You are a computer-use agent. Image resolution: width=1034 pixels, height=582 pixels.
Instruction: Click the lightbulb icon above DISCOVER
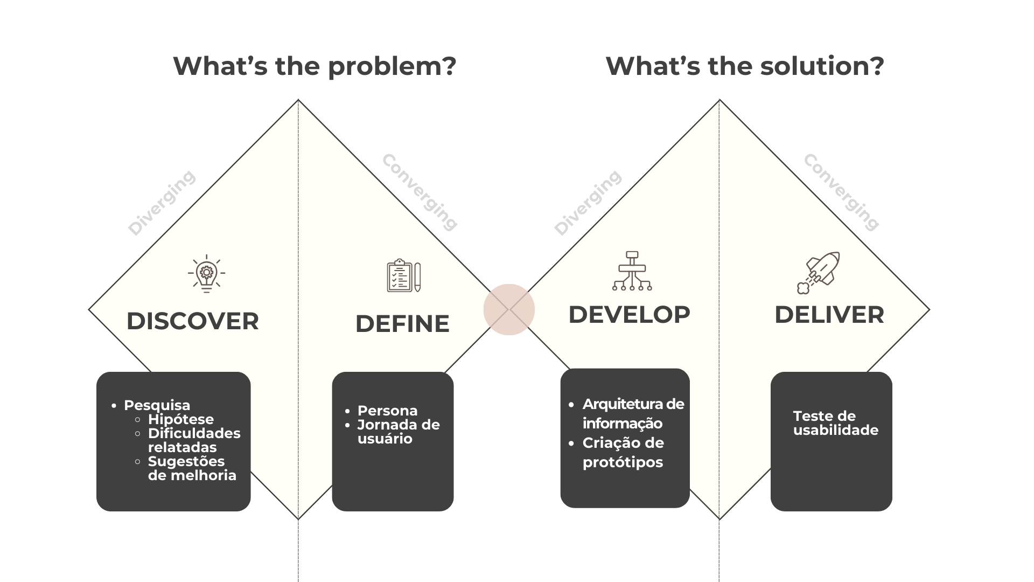pos(206,274)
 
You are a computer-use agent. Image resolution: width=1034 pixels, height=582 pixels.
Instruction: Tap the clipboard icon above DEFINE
pos(403,275)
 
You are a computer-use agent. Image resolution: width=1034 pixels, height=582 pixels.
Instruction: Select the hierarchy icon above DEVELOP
pos(632,271)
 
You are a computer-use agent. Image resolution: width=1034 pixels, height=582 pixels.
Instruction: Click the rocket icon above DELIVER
pos(819,272)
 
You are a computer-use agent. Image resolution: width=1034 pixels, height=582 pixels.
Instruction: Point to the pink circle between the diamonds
pos(508,309)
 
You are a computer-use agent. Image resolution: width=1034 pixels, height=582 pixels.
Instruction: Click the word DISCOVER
pos(192,321)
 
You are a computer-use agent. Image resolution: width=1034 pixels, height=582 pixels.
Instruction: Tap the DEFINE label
pos(402,324)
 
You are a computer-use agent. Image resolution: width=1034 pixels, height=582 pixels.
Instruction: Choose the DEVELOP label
pos(629,315)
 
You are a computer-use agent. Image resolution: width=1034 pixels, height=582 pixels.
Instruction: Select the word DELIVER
pos(829,315)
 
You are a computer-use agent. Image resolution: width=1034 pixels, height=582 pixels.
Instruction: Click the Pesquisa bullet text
pos(157,405)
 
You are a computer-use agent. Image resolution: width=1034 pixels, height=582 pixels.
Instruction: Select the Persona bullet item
pos(387,411)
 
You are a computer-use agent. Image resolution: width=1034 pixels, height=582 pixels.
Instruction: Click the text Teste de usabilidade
pos(835,423)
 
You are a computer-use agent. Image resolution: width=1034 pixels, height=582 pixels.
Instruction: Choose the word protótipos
pos(623,462)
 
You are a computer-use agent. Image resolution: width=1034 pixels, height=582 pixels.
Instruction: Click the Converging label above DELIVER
pos(841,192)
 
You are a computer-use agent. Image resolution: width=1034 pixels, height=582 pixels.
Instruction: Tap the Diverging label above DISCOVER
pos(162,203)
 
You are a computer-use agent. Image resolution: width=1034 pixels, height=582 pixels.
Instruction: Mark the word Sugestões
pos(186,461)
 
